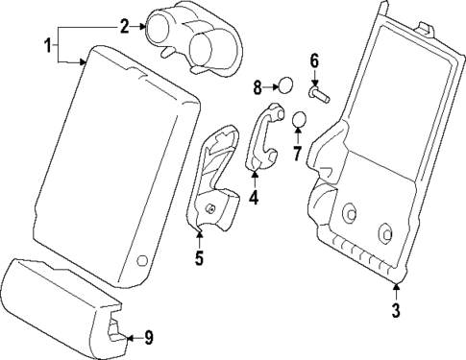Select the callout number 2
[124, 26]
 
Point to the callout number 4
[254, 199]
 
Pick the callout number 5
[199, 256]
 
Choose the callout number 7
[297, 154]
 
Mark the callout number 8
[258, 87]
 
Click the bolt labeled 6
[318, 94]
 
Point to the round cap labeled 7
[299, 120]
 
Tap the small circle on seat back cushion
[141, 260]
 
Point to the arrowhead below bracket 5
[199, 230]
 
